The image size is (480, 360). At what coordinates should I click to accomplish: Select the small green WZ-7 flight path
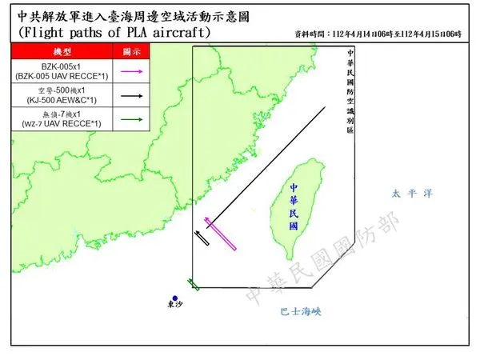coord(193,283)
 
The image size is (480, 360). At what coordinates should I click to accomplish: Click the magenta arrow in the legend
coord(132,72)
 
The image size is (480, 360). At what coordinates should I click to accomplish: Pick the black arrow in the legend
coord(132,97)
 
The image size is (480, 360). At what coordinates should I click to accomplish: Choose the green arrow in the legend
coord(132,120)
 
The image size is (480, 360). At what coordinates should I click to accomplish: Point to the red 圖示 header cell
coord(132,51)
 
